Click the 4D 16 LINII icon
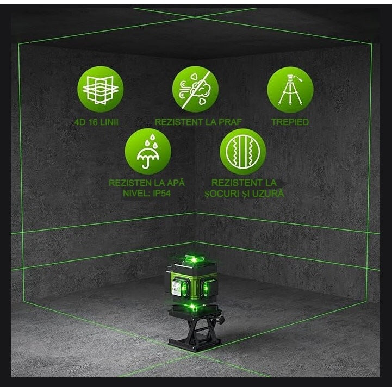pyautogui.click(x=100, y=90)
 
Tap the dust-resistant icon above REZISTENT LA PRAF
pyautogui.click(x=195, y=90)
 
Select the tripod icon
pyautogui.click(x=290, y=90)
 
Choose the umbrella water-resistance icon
pyautogui.click(x=147, y=151)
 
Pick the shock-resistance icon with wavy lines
pyautogui.click(x=242, y=151)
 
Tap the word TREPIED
pyautogui.click(x=290, y=122)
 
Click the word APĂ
pyautogui.click(x=175, y=183)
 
